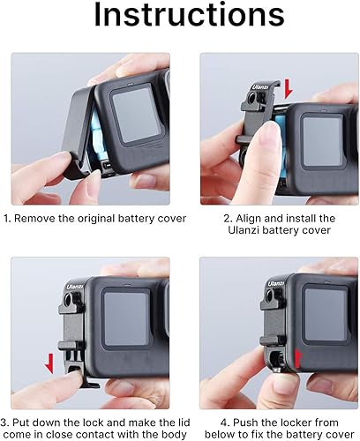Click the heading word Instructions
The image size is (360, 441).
[180, 18]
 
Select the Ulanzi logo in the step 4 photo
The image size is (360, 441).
[277, 284]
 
